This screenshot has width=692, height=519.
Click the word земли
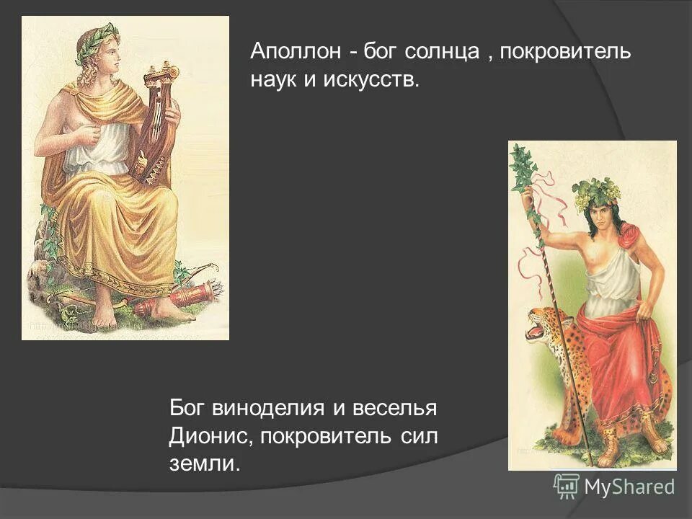(x=203, y=462)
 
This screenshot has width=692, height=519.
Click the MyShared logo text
(x=629, y=487)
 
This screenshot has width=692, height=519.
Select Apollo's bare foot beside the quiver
(x=167, y=310)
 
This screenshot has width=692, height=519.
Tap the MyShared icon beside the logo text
(x=567, y=487)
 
